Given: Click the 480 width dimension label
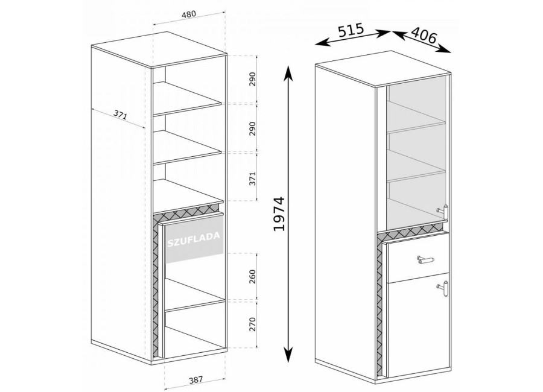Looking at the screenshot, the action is click(189, 14).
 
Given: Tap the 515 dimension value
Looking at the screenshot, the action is click(351, 30).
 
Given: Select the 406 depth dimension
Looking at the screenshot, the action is click(424, 36).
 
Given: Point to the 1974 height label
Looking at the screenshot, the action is click(279, 213).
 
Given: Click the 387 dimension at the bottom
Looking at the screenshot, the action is click(195, 380).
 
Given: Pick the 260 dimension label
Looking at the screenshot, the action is click(252, 276).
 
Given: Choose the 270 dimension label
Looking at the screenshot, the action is click(252, 324).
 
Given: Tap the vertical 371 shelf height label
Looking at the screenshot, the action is click(252, 179).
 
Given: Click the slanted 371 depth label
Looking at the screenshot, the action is click(120, 115).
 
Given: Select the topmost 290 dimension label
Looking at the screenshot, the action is click(252, 79).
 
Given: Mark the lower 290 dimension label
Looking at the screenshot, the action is click(252, 128).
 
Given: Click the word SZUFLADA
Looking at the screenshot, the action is click(194, 239).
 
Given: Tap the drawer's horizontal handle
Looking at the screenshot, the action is click(425, 259).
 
